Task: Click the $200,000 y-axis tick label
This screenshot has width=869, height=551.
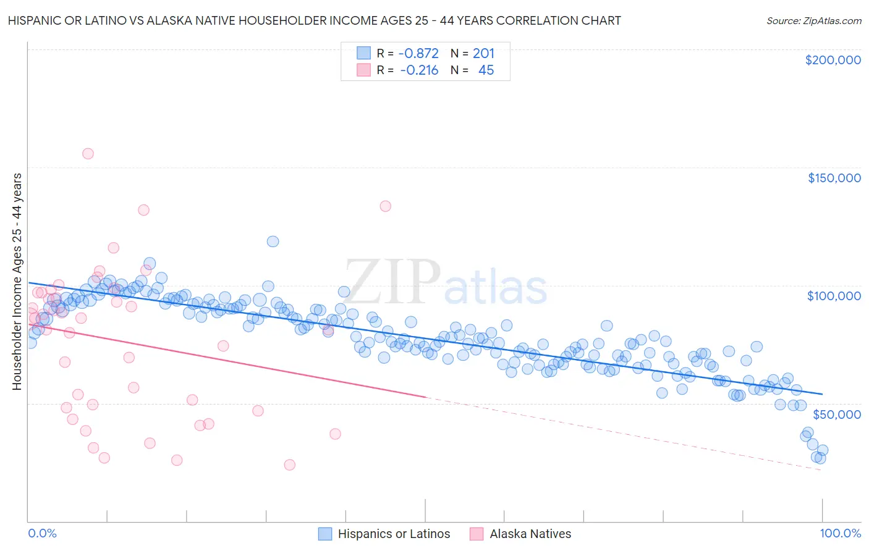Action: (x=833, y=60)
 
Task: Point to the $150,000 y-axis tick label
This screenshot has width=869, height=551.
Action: (x=834, y=178)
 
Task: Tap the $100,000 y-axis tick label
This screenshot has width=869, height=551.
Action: (x=834, y=296)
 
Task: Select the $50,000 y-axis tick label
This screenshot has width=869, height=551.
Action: (x=836, y=414)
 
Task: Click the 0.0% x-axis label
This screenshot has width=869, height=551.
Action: (x=42, y=533)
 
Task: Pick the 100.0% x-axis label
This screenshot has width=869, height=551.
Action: (x=840, y=533)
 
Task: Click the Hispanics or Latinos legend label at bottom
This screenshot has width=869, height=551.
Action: (x=394, y=534)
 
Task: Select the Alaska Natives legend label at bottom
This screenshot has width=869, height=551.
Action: (x=530, y=534)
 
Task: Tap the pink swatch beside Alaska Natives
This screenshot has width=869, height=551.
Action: (x=477, y=534)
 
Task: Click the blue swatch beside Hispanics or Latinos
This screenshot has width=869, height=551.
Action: (x=325, y=534)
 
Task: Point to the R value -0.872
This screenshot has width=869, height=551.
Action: (x=419, y=54)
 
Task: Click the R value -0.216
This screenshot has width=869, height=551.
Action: (x=419, y=70)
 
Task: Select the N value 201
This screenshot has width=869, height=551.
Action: (x=483, y=54)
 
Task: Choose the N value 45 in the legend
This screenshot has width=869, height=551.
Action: (x=486, y=70)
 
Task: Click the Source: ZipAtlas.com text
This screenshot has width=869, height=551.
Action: (x=813, y=20)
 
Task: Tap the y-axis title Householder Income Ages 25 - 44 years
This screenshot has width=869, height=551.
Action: (x=17, y=282)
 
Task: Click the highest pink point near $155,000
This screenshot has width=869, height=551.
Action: (x=88, y=154)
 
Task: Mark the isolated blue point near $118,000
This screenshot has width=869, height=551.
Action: (x=273, y=242)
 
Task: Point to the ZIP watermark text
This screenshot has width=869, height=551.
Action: (x=392, y=282)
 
